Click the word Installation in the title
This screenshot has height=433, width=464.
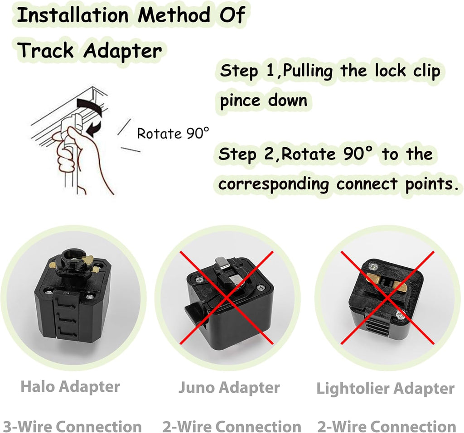point(72,15)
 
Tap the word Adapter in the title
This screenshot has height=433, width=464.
point(122,51)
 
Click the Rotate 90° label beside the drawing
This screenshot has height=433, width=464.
point(173,134)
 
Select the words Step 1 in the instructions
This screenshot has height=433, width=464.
point(247,71)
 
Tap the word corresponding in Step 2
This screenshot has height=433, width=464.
point(273,184)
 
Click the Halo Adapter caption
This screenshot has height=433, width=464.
point(70,386)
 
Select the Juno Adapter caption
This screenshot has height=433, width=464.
point(229,388)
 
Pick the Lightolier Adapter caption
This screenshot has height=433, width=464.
point(385,388)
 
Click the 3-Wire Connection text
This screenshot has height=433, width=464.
point(72,426)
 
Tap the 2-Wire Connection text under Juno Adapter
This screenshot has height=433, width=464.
point(232,426)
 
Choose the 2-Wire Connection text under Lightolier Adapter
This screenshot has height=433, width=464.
point(387,426)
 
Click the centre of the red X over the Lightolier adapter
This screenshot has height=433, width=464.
point(388,298)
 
